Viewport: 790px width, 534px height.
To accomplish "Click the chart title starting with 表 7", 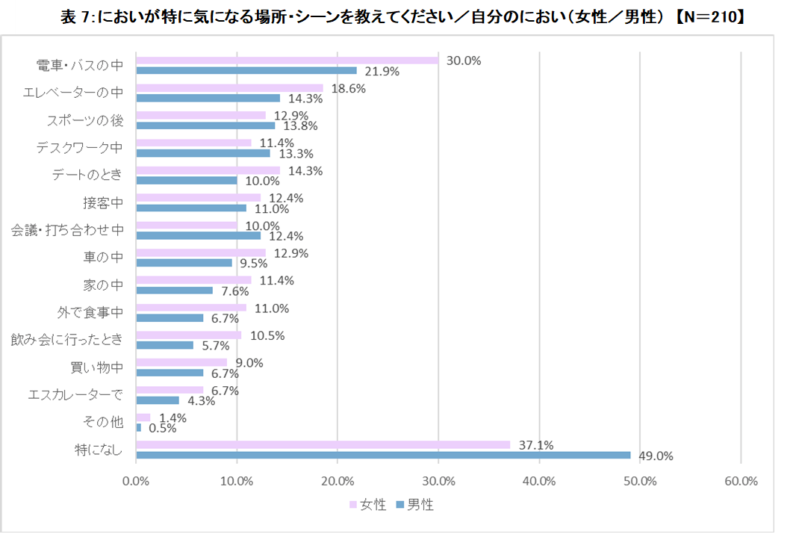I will pos(403,17).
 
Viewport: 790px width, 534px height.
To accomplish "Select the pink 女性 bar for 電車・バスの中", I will pos(287,60).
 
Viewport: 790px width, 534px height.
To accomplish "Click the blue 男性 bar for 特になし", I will pos(383,455).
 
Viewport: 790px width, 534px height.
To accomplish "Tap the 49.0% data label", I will pos(654,456).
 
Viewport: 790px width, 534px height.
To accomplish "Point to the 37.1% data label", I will pos(535,445).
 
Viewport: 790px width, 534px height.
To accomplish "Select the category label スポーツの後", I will pos(85,120).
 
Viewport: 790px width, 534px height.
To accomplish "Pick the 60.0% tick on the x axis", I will pos(741,481).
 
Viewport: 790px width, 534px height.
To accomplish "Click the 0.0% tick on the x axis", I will pos(137,481).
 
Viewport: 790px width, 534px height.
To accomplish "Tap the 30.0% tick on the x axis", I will pos(438,481).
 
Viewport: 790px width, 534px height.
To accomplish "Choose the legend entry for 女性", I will pos(369,505).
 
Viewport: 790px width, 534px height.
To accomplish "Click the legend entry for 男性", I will pos(415,505).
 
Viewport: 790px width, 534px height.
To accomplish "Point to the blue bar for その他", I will pos(139,427).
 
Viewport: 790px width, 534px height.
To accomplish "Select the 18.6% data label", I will pos(347,88).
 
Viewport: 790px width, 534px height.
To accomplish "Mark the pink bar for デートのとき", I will pos(208,170).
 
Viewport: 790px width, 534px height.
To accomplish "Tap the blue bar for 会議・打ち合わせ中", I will pos(199,235).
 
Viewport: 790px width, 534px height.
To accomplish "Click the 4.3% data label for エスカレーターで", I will pos(202,400).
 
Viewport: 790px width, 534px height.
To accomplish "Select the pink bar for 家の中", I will pos(193,280).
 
